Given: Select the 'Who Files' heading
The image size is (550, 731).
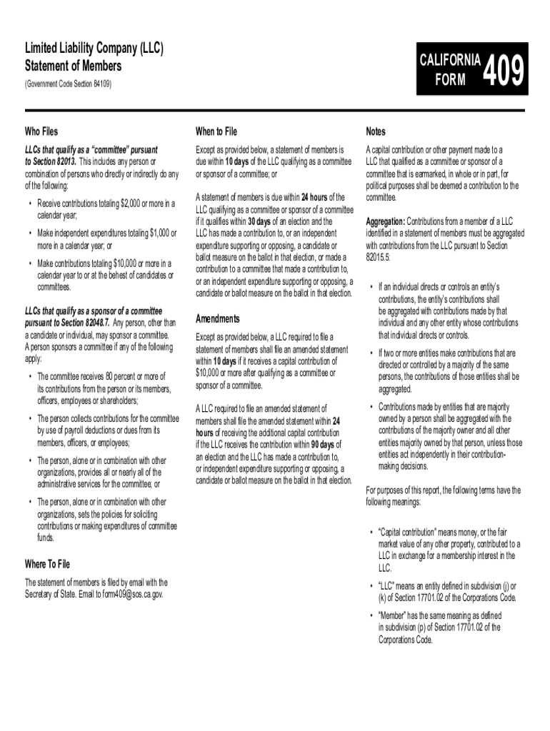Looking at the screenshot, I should pos(41,131).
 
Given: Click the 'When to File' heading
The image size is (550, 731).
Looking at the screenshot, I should pos(216,131).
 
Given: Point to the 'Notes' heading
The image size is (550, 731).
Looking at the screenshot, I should pos(376,131).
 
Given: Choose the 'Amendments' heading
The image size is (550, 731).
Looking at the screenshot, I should pos(218,318).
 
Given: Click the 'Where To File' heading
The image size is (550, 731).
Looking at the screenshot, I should pos(52,565).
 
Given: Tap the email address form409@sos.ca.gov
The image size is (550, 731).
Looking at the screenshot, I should pos(133,594).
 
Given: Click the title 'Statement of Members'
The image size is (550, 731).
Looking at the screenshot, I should pos(73,66).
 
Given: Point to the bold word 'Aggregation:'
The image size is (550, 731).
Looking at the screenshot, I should pos(386,222).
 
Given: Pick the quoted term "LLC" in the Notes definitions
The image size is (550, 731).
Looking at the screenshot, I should pos(389,586).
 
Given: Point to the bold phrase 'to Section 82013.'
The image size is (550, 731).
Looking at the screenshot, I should pos(51,162).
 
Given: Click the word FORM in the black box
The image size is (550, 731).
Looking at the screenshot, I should pos(452,80).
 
